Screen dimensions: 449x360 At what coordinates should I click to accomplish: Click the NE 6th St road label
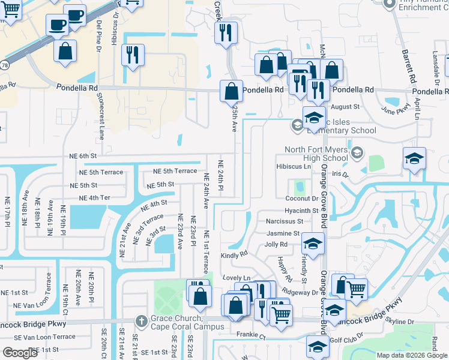click(83, 156)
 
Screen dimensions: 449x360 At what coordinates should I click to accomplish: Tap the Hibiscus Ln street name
click(294, 166)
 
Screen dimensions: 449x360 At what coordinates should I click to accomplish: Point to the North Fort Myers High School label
click(316, 154)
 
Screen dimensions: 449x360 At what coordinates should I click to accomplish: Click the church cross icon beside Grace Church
click(141, 319)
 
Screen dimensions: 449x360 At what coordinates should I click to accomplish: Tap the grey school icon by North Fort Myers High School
click(358, 153)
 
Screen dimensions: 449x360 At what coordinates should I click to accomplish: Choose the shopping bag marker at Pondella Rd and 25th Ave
click(231, 91)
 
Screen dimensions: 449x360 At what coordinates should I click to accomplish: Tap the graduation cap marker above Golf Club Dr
click(318, 346)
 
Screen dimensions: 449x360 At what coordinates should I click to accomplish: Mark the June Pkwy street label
click(396, 109)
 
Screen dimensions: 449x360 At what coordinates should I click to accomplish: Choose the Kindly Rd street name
click(234, 254)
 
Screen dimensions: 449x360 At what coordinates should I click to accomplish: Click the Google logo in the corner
click(20, 353)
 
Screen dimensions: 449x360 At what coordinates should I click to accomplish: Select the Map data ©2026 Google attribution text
click(411, 355)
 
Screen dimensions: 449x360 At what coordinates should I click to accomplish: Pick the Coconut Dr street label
click(301, 199)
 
